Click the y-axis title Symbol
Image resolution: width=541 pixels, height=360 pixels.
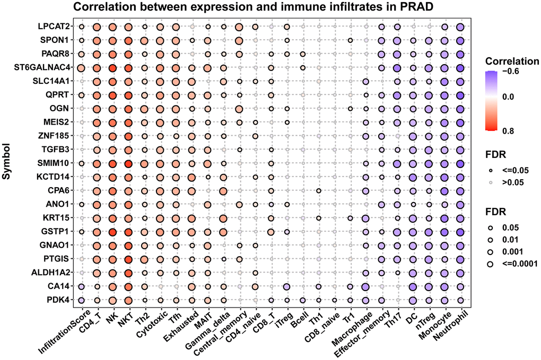click(x=7, y=163)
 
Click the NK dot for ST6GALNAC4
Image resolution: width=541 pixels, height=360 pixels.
click(x=112, y=68)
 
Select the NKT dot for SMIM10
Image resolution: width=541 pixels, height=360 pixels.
click(x=128, y=163)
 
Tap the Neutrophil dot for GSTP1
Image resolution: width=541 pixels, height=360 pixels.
click(x=460, y=232)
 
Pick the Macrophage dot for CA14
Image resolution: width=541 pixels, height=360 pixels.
click(x=365, y=286)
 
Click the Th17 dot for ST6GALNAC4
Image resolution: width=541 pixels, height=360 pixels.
click(x=397, y=68)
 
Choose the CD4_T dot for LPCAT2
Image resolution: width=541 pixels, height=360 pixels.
click(x=97, y=27)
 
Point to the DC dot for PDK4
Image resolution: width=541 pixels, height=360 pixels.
click(x=413, y=300)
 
